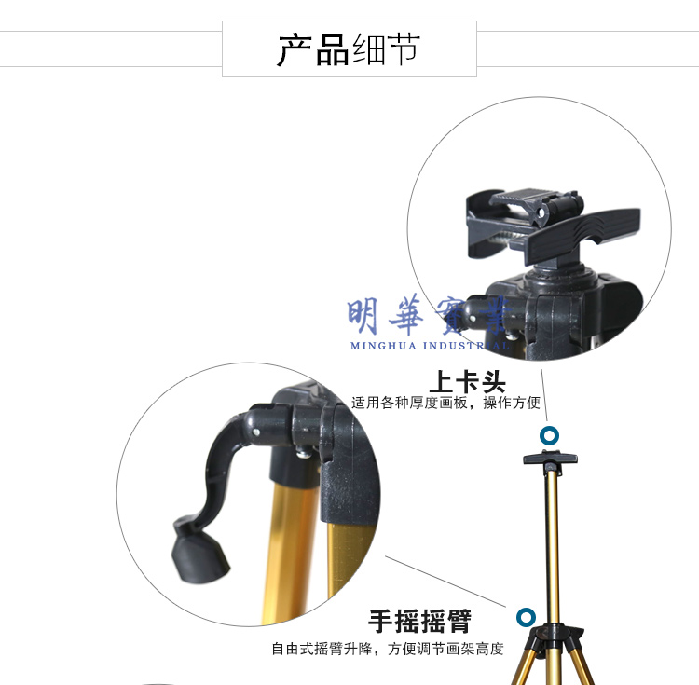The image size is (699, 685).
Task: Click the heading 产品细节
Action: pos(349,50)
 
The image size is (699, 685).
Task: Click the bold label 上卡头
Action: pos(467,382)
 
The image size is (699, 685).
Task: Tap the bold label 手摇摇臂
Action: pos(419,621)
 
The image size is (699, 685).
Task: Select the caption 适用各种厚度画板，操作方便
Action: pos(445,403)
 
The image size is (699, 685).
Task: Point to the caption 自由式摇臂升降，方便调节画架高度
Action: pos(388,649)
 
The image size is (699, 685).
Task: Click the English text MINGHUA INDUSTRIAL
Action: pos(430,346)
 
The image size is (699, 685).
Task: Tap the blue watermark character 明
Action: pos(363,316)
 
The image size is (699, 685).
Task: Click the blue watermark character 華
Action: pos(406,315)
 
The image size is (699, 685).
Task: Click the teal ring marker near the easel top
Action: pos(549,435)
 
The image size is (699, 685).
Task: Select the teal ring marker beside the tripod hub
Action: pos(526,618)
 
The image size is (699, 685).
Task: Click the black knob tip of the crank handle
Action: pos(199,557)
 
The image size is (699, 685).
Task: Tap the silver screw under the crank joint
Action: pos(304,453)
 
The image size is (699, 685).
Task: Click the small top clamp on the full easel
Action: pos(550,459)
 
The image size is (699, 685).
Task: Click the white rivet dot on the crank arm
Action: pos(255,432)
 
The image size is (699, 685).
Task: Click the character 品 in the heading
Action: pos(332,50)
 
